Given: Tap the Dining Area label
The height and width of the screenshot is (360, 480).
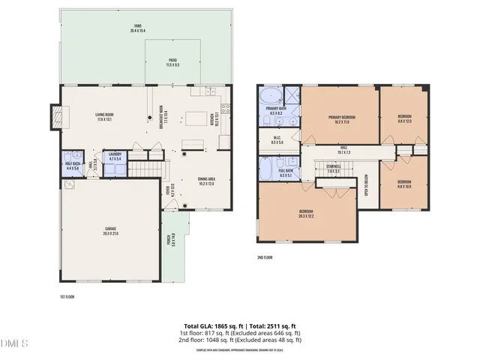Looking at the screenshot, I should tap(208, 181).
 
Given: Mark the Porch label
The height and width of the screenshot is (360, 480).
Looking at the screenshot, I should tap(170, 241).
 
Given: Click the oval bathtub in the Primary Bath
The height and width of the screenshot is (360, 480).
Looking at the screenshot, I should tap(268, 96).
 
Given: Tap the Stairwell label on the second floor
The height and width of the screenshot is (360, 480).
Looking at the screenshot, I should tap(334, 168).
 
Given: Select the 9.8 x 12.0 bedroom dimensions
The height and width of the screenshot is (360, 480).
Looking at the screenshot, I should tap(404, 121).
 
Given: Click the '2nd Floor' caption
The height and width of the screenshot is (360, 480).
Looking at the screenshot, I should tap(265, 258).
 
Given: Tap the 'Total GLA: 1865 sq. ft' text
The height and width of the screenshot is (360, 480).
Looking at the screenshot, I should tap(214, 325).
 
